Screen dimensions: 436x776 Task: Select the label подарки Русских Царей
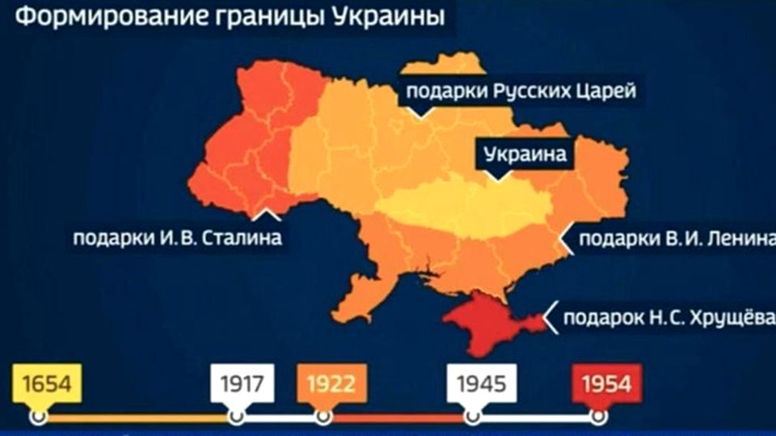[x=520, y=91]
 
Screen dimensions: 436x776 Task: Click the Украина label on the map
[x=525, y=154]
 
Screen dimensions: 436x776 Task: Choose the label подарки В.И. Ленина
[x=671, y=239]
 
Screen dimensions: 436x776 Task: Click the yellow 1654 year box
[x=47, y=382]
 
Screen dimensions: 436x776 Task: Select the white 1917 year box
[x=242, y=382]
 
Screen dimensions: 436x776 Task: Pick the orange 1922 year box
[x=332, y=382]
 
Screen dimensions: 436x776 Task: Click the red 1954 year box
[x=600, y=382]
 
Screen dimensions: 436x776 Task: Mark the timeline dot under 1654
[x=37, y=417]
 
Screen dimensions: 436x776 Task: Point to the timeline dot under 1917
[x=236, y=417]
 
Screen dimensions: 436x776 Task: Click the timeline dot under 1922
[x=323, y=417]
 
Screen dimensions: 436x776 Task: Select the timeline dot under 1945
[x=471, y=417]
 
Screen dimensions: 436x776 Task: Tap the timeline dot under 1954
[x=598, y=417]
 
